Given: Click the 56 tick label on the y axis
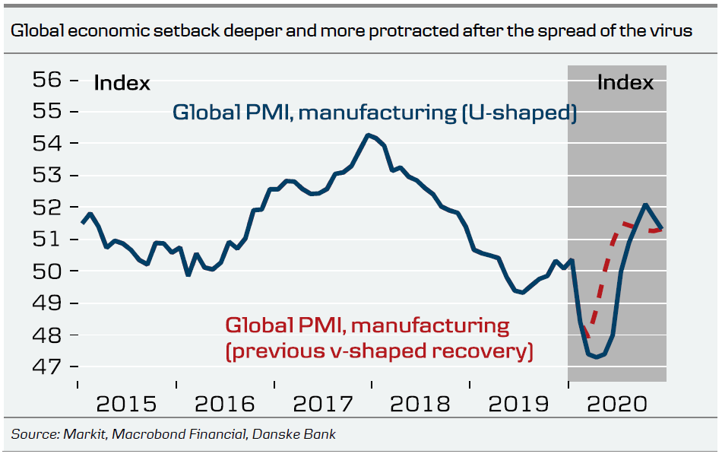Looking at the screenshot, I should (45, 80).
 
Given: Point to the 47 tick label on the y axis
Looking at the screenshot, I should (45, 367).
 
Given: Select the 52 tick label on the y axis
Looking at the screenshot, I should (45, 207).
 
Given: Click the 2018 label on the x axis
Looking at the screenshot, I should (420, 403).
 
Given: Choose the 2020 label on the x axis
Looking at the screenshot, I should (617, 403).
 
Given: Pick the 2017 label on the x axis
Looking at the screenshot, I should (322, 403).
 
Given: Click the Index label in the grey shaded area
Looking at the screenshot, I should (625, 82).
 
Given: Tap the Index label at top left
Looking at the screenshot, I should (122, 83).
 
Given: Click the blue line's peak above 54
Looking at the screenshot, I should (368, 135).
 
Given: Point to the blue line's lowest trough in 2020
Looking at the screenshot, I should (596, 357).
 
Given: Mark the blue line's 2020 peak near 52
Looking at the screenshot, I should (645, 204).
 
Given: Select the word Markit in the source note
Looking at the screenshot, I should (78, 435).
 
